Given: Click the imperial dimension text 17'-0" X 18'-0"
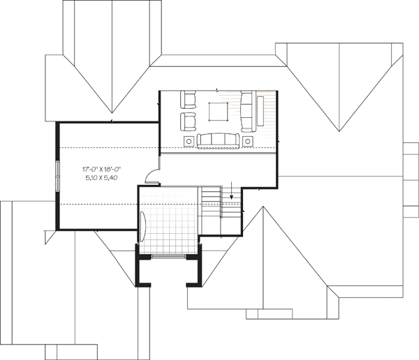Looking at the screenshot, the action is click(101, 169).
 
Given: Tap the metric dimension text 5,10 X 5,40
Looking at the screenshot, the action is click(101, 178).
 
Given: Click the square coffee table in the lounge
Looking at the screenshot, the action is click(219, 112).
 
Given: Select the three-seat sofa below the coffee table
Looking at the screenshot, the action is click(218, 141).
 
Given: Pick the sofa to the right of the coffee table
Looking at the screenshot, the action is click(248, 112).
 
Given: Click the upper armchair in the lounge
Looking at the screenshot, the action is click(188, 100).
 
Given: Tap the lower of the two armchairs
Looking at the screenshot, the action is click(188, 122).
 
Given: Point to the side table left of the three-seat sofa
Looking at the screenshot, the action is click(189, 141).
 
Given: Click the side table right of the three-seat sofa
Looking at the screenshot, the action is click(248, 141).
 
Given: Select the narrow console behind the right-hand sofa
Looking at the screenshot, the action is click(260, 111).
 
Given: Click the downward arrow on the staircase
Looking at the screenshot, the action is click(231, 190).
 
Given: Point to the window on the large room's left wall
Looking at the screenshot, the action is click(57, 176).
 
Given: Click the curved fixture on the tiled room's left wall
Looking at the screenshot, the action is click(142, 226).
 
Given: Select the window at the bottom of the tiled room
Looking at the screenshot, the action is click(168, 256).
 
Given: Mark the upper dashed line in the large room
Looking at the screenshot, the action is click(109, 148).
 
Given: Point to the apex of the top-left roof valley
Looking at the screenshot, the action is click(112, 113).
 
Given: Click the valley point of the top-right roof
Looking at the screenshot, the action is click(339, 131).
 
